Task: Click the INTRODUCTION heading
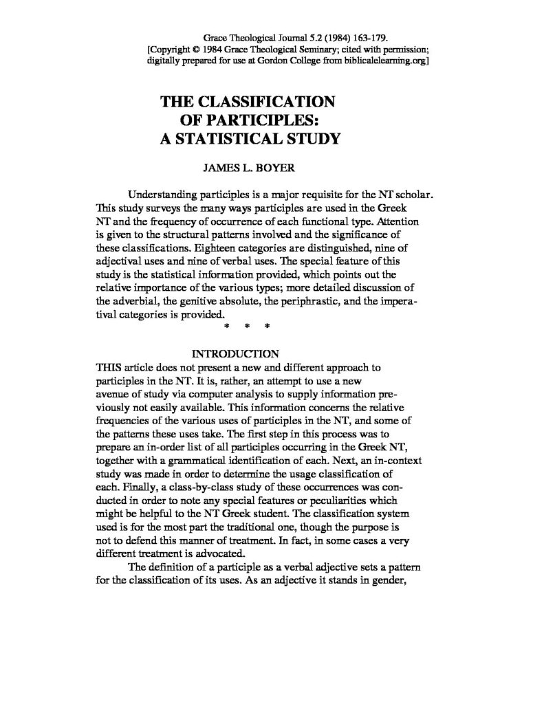pyautogui.click(x=235, y=354)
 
